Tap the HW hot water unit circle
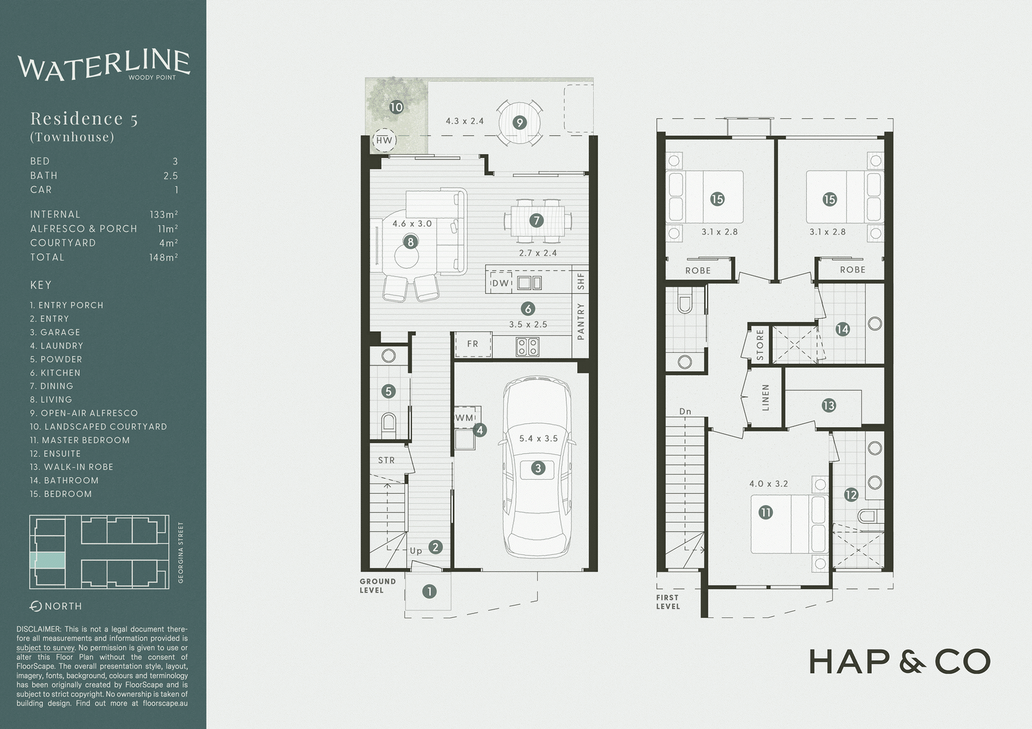[x=384, y=141]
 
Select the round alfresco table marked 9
[x=519, y=123]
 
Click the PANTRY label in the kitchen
[x=580, y=321]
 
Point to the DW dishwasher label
[x=500, y=283]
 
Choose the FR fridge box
[x=473, y=344]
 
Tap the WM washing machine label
[x=464, y=417]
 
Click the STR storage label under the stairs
[x=386, y=460]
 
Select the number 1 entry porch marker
[x=429, y=591]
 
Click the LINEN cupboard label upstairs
[x=766, y=398]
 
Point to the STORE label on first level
[x=760, y=345]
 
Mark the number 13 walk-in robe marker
[x=828, y=406]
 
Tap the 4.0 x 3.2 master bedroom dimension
[x=769, y=483]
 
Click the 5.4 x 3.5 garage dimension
[x=538, y=438]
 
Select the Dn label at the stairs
[x=685, y=412]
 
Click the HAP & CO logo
[x=899, y=661]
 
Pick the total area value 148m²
[x=163, y=258]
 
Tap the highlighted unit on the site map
[x=50, y=560]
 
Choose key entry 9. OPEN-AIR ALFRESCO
[x=84, y=413]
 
